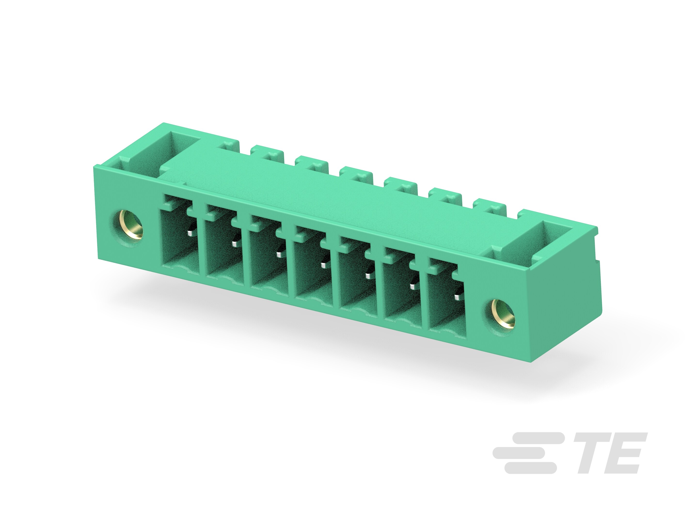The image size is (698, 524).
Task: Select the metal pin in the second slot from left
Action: tap(234, 244)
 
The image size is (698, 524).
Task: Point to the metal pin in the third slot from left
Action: tap(279, 254)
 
